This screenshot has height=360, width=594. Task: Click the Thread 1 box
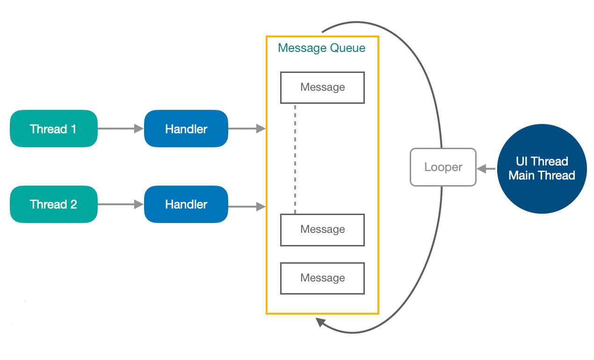[x=54, y=129]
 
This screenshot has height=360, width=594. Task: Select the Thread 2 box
[x=54, y=204]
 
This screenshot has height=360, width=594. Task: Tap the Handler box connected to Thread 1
[x=186, y=129]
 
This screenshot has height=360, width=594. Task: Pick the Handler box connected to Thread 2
[x=186, y=204]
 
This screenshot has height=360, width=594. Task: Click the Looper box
[x=443, y=167]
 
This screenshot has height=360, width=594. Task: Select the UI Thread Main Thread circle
[x=542, y=169]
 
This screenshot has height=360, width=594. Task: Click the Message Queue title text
[x=322, y=48]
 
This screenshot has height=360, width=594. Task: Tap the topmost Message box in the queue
[x=322, y=87]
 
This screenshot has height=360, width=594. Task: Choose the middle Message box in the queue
[x=322, y=230]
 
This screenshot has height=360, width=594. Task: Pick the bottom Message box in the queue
[x=322, y=278]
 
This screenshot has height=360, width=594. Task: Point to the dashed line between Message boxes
[x=295, y=158]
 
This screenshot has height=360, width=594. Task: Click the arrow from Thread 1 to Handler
[x=121, y=129]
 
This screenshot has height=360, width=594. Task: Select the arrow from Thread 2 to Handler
[x=121, y=204]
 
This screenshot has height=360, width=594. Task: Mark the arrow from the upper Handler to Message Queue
[x=247, y=129]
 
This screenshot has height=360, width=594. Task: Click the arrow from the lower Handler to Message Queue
[x=247, y=207]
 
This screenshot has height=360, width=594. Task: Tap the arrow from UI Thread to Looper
[x=486, y=169]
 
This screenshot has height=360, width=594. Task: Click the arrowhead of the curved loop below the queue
[x=320, y=322]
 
